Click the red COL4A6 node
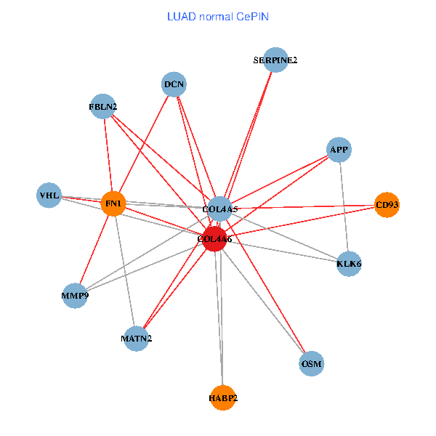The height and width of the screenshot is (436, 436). [x=214, y=239]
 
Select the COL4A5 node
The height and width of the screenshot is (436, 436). [x=219, y=209]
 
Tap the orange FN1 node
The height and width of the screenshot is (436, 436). [x=113, y=203]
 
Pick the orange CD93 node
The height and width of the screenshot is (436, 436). [x=387, y=205]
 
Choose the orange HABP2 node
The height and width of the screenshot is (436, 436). [x=223, y=397]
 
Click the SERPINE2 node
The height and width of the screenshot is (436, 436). [x=275, y=60]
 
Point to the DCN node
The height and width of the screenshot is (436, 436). [x=174, y=84]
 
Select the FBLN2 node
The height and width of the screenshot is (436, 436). [x=103, y=107]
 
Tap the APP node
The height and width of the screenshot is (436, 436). [x=339, y=150]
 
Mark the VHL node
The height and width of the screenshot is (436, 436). [x=49, y=195]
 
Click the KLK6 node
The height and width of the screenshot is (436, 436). [x=349, y=263]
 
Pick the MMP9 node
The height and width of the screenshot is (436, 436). [x=75, y=296]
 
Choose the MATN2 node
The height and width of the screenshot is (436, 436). [x=137, y=338]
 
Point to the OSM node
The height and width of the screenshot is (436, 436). [x=311, y=363]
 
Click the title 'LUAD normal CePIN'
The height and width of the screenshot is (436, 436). [x=218, y=16]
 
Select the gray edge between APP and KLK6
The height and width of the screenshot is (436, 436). [x=344, y=206]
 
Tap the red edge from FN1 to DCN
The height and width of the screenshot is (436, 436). [x=144, y=144]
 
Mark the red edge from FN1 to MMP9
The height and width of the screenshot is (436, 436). [x=94, y=249]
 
